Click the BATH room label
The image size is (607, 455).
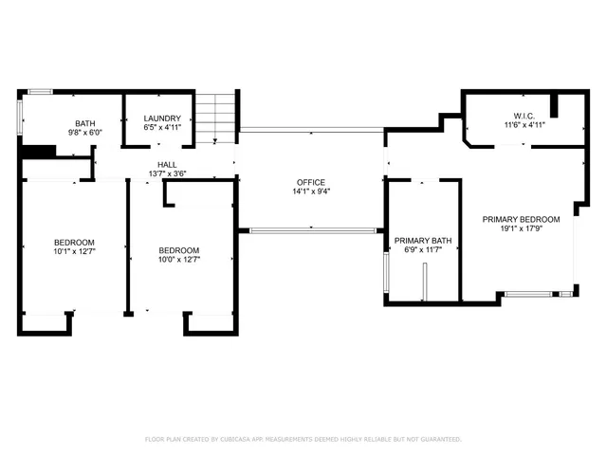(x=85, y=123)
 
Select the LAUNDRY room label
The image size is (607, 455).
(x=162, y=118)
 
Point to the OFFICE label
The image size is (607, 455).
(x=310, y=183)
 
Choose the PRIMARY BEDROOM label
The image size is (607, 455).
(x=521, y=219)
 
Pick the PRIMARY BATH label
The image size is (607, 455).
(x=423, y=241)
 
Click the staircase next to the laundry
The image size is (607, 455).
(x=215, y=118)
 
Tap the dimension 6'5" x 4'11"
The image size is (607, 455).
(x=162, y=127)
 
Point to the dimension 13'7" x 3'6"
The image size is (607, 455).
(x=168, y=173)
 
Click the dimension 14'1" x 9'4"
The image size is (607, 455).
(x=310, y=191)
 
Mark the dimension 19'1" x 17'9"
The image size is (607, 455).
(x=521, y=228)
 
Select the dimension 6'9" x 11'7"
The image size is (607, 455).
(x=423, y=250)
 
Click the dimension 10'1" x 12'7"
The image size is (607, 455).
(x=73, y=251)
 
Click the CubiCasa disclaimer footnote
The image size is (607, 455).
(x=303, y=439)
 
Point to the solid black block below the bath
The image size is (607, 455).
(x=38, y=151)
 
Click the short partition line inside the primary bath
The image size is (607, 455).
(x=426, y=281)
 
